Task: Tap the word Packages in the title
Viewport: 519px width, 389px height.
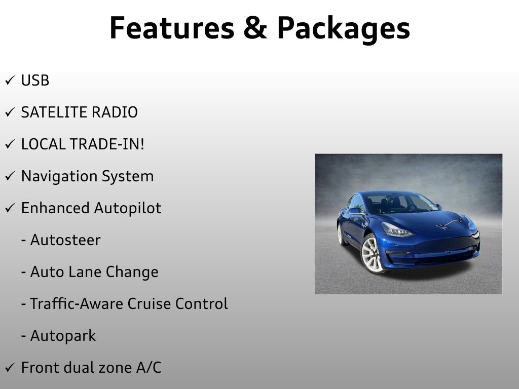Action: [343, 29]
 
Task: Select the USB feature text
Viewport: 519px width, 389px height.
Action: [35, 81]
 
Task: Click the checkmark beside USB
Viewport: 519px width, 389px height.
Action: [10, 81]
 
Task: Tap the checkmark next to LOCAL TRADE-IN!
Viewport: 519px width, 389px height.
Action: [10, 145]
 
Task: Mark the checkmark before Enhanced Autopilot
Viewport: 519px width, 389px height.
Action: [10, 209]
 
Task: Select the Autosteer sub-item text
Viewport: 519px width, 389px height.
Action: [65, 240]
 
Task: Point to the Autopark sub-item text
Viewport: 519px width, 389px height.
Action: [63, 336]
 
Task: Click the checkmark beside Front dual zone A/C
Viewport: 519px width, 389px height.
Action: [10, 368]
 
